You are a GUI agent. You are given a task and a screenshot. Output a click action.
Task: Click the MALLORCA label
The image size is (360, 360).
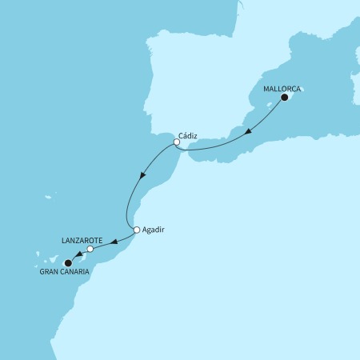point(282,90)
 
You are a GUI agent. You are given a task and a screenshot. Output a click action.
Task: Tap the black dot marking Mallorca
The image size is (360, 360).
point(284,102)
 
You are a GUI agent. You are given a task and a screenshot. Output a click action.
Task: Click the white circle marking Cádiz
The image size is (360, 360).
point(176,142)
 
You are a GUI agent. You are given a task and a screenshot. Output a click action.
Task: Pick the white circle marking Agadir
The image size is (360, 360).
point(137,230)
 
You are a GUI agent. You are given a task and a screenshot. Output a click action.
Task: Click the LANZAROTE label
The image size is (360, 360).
point(81,239)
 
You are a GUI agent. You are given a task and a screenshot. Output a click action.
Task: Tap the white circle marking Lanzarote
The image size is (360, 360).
point(90,249)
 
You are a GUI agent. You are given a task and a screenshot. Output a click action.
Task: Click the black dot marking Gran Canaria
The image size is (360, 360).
point(68,262)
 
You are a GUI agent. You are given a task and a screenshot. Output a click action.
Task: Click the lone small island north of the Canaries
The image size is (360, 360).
point(49,197)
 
